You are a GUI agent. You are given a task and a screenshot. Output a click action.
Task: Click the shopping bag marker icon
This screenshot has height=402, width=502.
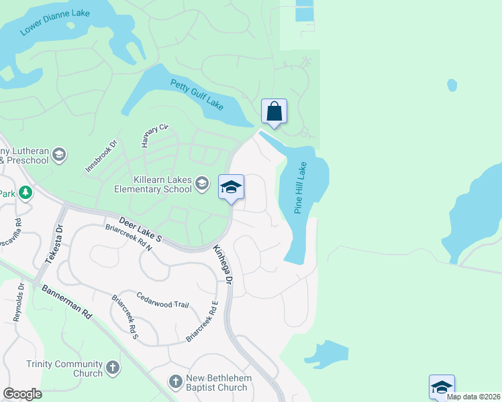point(274,111)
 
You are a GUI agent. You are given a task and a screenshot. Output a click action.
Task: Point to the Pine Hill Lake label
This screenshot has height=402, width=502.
point(301,188)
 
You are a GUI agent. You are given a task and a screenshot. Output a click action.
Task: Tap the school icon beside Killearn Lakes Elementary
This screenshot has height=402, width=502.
point(202,183)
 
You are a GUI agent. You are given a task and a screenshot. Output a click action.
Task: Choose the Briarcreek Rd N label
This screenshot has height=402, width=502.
point(129,237)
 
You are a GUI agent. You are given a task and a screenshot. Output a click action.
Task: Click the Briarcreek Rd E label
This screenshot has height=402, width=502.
point(203,322)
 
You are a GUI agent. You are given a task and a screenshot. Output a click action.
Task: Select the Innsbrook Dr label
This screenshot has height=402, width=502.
point(101,156)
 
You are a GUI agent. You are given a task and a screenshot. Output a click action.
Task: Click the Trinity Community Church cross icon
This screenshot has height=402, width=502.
point(113,367)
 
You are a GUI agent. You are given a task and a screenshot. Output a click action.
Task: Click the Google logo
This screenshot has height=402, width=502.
point(23,393)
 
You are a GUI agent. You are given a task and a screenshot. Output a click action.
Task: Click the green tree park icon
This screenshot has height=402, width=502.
point(26,193)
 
